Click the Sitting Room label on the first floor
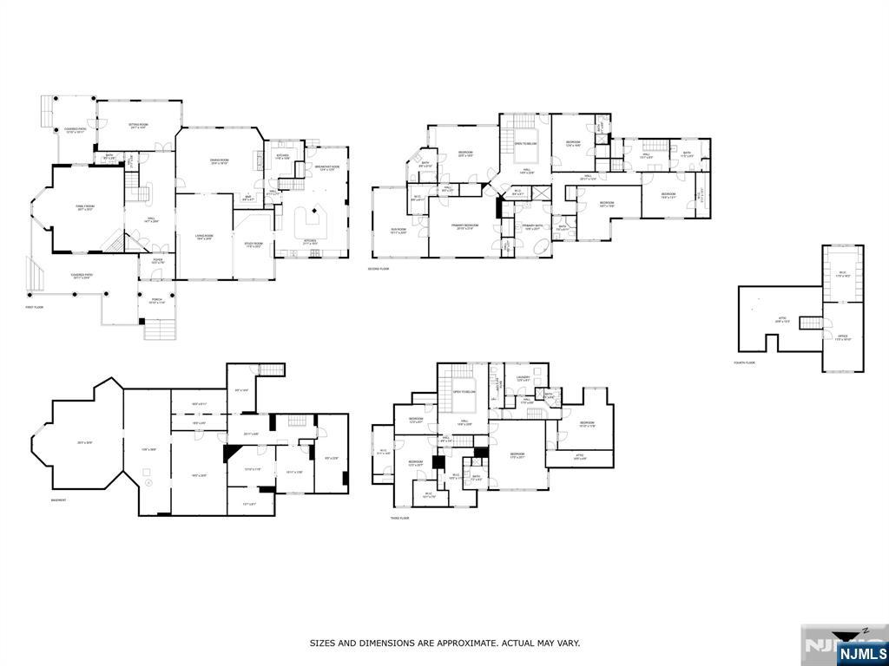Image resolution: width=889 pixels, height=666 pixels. (x=138, y=126)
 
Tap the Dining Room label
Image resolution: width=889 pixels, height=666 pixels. (x=219, y=161)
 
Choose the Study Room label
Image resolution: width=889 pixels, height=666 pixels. (x=254, y=245)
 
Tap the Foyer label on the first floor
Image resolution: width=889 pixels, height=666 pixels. (x=158, y=260)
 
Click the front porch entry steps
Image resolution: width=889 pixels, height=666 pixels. (x=159, y=330)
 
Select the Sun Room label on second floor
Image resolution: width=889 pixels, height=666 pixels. (x=398, y=232)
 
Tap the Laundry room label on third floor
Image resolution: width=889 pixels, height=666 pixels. (x=523, y=378)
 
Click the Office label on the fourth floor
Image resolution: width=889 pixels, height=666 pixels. (x=842, y=336)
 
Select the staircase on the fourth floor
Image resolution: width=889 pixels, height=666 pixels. (x=811, y=323)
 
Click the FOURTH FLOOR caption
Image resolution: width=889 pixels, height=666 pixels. (x=745, y=362)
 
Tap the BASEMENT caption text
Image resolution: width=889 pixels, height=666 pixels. (x=58, y=500)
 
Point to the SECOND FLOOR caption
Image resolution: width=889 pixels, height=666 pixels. (x=379, y=269)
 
